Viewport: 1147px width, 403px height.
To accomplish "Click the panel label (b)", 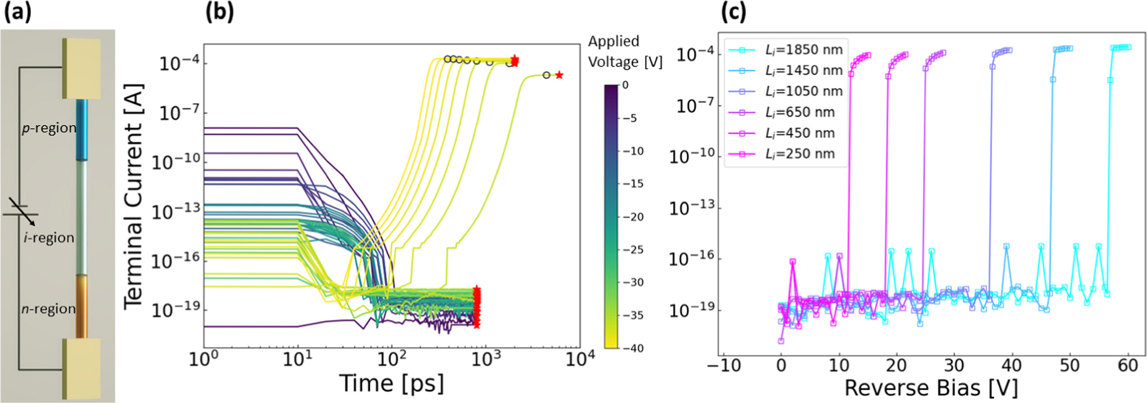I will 219,12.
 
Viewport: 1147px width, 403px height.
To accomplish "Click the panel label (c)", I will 733,12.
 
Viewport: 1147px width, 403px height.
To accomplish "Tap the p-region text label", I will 49,128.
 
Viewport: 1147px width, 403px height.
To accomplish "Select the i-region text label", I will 49,238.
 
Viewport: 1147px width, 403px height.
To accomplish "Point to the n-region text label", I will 48,309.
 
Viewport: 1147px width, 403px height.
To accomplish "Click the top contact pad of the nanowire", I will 82,68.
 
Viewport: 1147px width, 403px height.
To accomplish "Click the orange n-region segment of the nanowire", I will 82,305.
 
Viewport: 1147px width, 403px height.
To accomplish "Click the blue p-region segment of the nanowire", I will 82,129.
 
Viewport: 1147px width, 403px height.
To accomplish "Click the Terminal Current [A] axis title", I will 133,197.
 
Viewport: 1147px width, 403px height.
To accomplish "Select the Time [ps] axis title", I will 391,384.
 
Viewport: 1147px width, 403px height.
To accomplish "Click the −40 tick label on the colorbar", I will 632,348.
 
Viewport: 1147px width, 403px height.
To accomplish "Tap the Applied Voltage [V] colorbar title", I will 625,52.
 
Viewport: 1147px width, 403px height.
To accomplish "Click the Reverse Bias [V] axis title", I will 931,388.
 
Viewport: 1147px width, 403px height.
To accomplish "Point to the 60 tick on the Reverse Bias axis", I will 1128,366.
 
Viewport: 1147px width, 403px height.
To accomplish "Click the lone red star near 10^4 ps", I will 559,75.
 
